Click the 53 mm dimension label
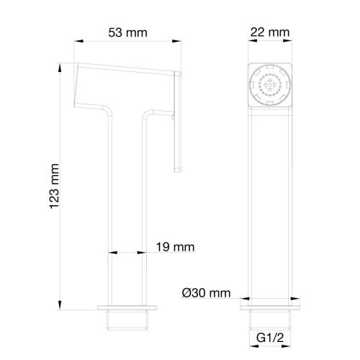coord(127,33)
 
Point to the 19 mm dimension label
coord(175,247)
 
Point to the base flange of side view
coord(127,308)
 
